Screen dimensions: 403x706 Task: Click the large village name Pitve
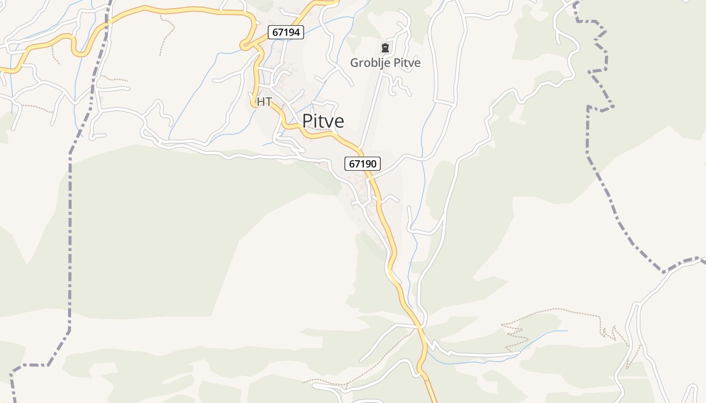pos(323,121)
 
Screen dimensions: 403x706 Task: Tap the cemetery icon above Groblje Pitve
pos(385,48)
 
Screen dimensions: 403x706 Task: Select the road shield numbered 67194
pos(286,33)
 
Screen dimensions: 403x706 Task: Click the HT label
pos(264,102)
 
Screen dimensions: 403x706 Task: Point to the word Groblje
pos(371,63)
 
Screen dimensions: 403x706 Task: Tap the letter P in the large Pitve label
pos(308,121)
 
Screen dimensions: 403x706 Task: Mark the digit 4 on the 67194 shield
pos(298,33)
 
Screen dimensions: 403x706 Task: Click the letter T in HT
pos(268,102)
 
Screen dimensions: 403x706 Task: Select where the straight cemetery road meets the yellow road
pos(360,150)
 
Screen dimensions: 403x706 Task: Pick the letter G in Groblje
pos(355,63)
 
